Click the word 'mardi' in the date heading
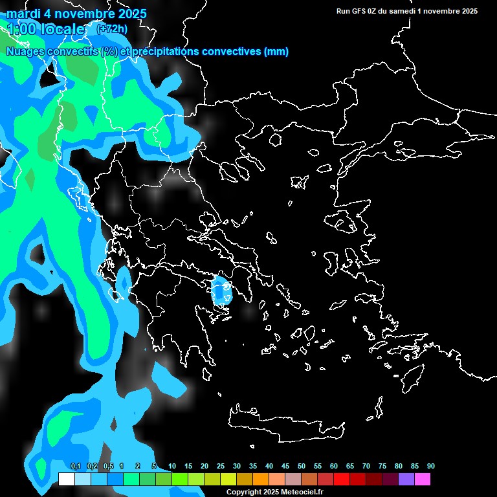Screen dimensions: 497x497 coord(23,14)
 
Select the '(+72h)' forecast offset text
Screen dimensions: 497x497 coord(111,28)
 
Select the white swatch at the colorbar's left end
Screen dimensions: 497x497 coord(66,479)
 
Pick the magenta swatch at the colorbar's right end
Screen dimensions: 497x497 coord(422,479)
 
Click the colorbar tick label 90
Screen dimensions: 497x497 coord(431,466)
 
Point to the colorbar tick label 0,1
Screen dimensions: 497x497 coord(75,466)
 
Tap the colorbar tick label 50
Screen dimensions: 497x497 coord(302,466)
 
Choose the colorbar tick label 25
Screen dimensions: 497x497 coord(221,466)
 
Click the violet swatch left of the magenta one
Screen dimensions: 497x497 coord(406,479)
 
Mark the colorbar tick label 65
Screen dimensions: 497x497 coord(350,466)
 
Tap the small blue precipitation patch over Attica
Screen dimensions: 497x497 coord(222,291)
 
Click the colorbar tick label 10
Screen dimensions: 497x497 coord(172,466)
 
